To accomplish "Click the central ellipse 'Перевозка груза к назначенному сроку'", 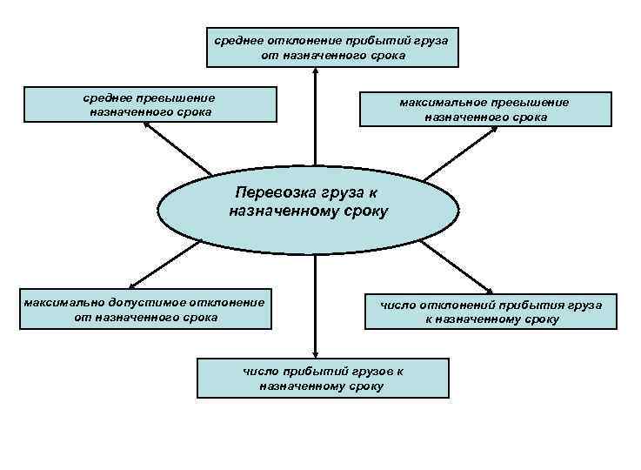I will point(308,209).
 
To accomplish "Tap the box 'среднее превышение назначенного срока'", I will point(150,104).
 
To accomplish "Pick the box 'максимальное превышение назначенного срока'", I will point(485,108).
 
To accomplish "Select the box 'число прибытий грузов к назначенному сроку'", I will point(323,378).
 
